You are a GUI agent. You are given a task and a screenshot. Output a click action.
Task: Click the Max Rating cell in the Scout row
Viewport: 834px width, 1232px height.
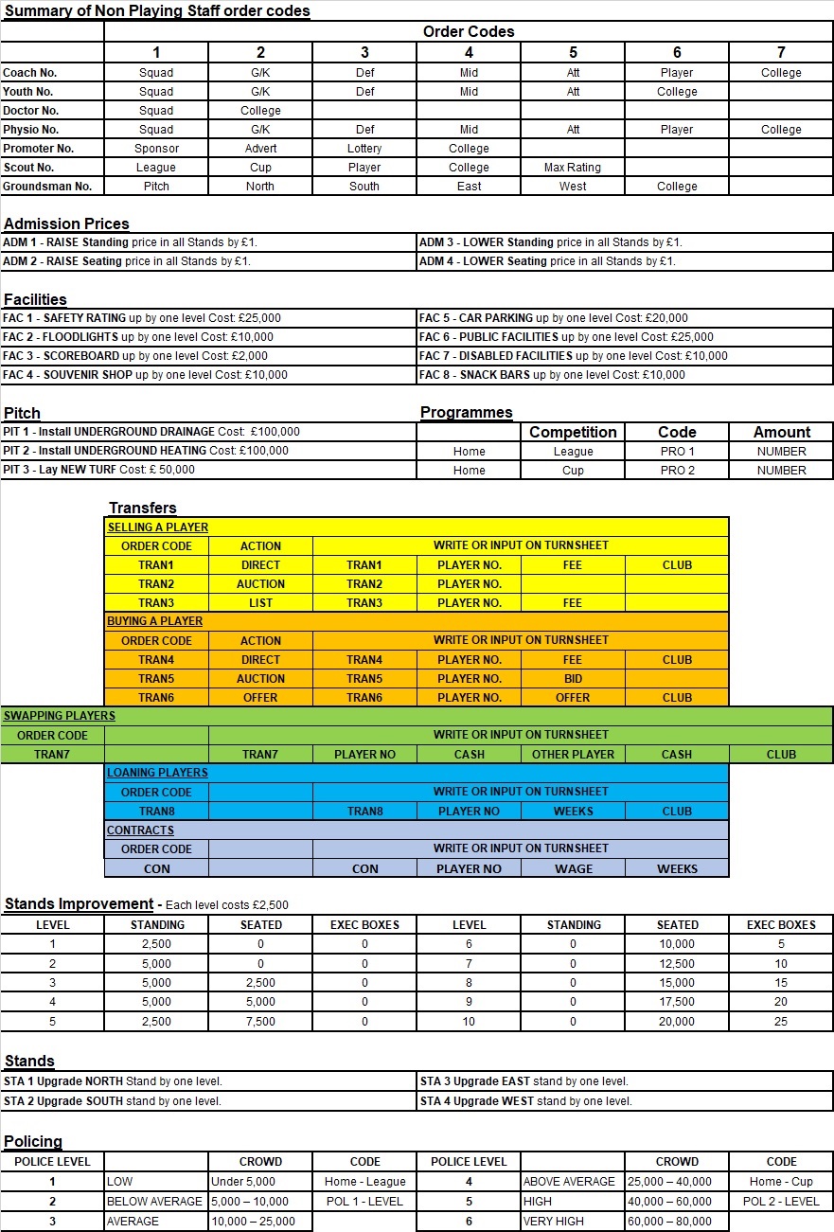(x=572, y=168)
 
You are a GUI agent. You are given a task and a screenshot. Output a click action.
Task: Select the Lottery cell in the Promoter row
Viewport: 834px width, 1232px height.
(x=364, y=149)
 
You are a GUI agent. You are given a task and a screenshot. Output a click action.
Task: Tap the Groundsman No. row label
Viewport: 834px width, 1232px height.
(x=47, y=187)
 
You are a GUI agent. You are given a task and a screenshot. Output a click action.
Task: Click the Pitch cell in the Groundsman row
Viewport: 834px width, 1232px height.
(x=156, y=187)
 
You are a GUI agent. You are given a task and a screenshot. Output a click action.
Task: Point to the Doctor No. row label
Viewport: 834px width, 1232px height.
(x=31, y=111)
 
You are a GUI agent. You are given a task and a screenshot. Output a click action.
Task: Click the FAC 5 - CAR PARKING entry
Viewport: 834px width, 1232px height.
(x=553, y=318)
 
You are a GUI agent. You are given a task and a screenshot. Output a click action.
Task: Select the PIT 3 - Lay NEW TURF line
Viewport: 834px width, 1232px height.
(x=98, y=470)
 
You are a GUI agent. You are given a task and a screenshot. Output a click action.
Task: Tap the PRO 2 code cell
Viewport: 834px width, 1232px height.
(x=677, y=471)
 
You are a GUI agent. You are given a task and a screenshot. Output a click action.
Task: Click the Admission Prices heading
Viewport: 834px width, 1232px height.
(x=66, y=224)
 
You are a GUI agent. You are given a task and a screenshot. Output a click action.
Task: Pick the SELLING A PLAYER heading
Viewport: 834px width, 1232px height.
(x=158, y=527)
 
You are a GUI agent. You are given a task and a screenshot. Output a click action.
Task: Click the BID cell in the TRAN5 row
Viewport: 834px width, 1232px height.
(x=573, y=679)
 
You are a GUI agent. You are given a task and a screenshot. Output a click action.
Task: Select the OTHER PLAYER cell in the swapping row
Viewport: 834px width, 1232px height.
(x=573, y=755)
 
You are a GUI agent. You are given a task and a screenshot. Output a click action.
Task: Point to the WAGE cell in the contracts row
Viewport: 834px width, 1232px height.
(x=573, y=868)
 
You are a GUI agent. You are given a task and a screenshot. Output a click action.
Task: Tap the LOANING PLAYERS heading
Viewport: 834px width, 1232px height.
(x=157, y=773)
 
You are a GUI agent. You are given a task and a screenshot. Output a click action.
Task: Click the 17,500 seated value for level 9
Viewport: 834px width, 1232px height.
(x=677, y=1002)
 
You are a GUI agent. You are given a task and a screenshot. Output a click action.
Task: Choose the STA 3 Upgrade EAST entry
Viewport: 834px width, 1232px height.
(x=523, y=1081)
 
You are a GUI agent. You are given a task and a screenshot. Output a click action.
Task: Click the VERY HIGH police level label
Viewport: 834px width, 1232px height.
(x=553, y=1222)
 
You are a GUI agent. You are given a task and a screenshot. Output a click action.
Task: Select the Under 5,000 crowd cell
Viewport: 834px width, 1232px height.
(x=243, y=1182)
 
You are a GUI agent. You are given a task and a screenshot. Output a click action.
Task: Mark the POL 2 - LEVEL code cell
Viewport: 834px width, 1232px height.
(x=781, y=1202)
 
